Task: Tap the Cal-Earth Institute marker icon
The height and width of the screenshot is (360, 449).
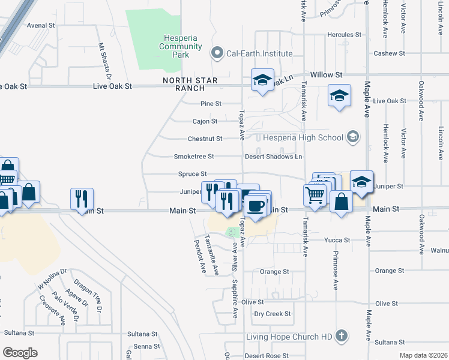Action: tap(217, 53)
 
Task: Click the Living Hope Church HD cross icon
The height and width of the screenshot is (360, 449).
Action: tap(342, 335)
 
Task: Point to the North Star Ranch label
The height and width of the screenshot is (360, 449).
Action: tap(190, 84)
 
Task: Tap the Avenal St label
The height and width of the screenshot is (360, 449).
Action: tap(41, 26)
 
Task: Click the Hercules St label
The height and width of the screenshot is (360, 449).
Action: tap(344, 35)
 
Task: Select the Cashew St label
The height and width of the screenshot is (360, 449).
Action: tap(389, 53)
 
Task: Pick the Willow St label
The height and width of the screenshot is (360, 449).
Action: tap(330, 75)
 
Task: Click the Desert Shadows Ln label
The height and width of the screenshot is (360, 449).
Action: tap(273, 157)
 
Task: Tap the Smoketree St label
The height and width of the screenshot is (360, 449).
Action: tap(194, 157)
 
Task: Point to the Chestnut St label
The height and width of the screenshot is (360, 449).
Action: tap(205, 139)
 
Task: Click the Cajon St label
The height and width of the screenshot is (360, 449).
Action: tap(205, 121)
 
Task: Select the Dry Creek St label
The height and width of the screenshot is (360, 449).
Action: tap(272, 314)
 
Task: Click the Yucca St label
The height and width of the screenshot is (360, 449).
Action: tap(337, 240)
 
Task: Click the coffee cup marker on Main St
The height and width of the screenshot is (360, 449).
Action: tap(256, 206)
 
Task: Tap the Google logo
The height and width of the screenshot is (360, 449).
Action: tap(20, 353)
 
